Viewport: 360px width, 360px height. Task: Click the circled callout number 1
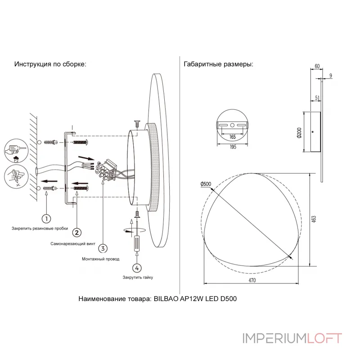(x=46, y=218)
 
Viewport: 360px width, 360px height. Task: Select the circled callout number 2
(x=77, y=233)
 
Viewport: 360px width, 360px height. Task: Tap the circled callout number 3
(x=103, y=248)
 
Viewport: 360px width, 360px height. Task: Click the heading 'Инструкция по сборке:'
(x=50, y=64)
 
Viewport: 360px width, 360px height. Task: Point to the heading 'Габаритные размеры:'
(x=219, y=64)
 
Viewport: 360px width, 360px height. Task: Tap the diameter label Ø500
(x=206, y=184)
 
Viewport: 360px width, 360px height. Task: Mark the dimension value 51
(x=318, y=97)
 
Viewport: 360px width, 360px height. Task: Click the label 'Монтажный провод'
(x=101, y=259)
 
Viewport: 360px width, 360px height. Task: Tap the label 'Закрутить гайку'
(x=138, y=278)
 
